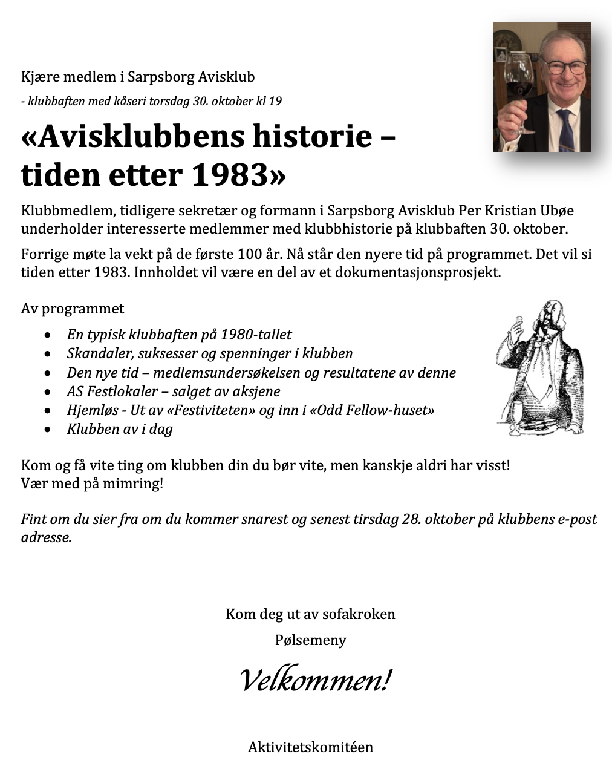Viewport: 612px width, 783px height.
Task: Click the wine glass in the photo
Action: click(519, 79)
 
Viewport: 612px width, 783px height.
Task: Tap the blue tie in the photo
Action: click(565, 129)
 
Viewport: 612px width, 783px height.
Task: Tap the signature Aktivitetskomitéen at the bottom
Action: click(310, 747)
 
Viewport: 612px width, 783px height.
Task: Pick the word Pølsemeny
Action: click(310, 640)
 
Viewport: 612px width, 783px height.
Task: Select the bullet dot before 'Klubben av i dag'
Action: click(48, 430)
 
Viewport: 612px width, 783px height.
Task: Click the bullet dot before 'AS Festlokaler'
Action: click(48, 392)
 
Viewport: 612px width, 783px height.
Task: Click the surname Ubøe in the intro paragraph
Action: click(555, 211)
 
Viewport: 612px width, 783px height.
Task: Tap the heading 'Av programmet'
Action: click(73, 309)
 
